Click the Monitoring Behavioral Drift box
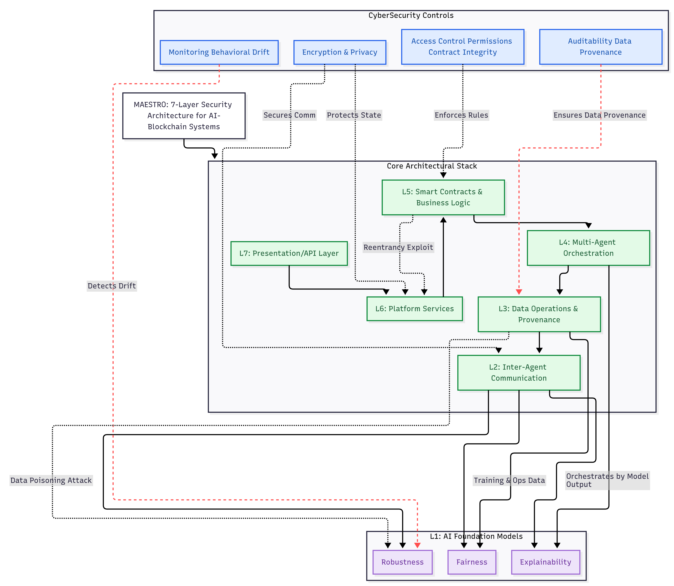click(x=219, y=52)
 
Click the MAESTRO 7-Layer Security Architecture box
click(x=184, y=116)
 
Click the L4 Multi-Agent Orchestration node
click(x=588, y=248)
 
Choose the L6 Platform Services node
click(x=414, y=309)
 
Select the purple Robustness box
click(x=402, y=562)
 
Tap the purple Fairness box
click(x=471, y=562)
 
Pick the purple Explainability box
click(x=545, y=562)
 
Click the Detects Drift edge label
click(x=112, y=286)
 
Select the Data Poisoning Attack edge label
click(x=51, y=480)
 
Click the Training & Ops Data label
click(x=509, y=480)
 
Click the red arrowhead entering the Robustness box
click(x=417, y=545)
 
